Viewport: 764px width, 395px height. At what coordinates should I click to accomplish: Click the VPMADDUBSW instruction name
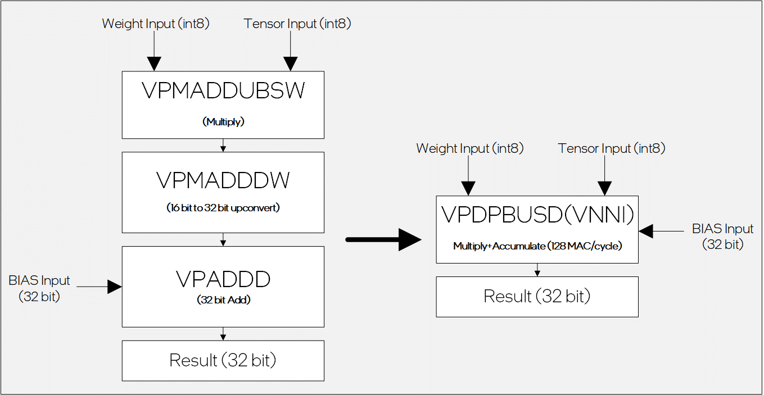(223, 90)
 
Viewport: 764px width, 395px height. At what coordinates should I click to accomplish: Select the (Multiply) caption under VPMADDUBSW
(223, 122)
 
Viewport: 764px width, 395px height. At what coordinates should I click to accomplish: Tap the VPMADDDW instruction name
(223, 180)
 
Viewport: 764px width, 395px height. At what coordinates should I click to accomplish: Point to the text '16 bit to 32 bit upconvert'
(223, 208)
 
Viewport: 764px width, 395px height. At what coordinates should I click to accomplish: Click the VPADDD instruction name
(223, 279)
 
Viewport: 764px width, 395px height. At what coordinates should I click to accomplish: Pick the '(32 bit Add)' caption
(223, 300)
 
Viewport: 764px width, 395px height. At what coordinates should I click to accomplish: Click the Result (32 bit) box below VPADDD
(223, 360)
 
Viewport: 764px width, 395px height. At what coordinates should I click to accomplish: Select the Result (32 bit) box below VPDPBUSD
(537, 296)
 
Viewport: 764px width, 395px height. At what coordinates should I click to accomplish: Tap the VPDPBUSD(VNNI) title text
(537, 215)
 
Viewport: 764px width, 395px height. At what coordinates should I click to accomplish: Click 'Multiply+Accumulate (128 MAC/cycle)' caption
(537, 246)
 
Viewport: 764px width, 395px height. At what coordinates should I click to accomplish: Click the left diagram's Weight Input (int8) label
(156, 24)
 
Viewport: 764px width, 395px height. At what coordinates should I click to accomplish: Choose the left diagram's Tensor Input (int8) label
(297, 24)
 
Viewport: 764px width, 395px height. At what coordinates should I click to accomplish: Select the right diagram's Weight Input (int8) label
(469, 148)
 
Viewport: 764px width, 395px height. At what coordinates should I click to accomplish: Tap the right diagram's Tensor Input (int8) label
(612, 148)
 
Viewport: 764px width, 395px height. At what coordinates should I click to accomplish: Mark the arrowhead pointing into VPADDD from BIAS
(115, 287)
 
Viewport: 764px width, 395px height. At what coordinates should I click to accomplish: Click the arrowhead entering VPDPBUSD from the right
(646, 230)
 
